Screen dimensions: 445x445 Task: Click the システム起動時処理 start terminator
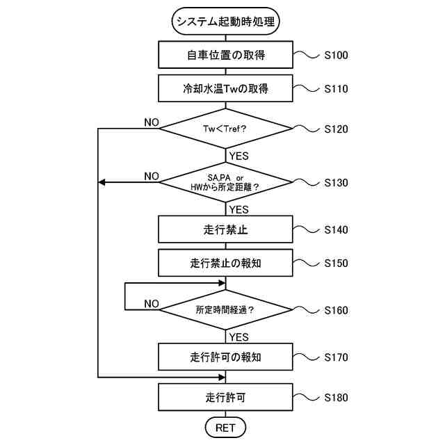(227, 22)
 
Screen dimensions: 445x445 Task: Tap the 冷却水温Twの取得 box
(227, 89)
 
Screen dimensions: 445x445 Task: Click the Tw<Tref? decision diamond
(227, 129)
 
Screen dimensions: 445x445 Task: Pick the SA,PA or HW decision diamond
(227, 182)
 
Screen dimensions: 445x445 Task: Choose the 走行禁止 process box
(227, 229)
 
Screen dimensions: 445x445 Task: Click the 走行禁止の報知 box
(227, 264)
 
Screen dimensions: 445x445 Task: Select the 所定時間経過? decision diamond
(227, 310)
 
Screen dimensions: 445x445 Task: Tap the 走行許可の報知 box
(227, 357)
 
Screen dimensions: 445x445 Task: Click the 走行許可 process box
(227, 398)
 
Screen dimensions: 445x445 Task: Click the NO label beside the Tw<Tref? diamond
(152, 122)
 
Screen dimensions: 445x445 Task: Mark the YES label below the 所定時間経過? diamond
(238, 337)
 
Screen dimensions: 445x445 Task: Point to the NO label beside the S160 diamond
(152, 304)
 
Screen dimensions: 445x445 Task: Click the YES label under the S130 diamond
(238, 209)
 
